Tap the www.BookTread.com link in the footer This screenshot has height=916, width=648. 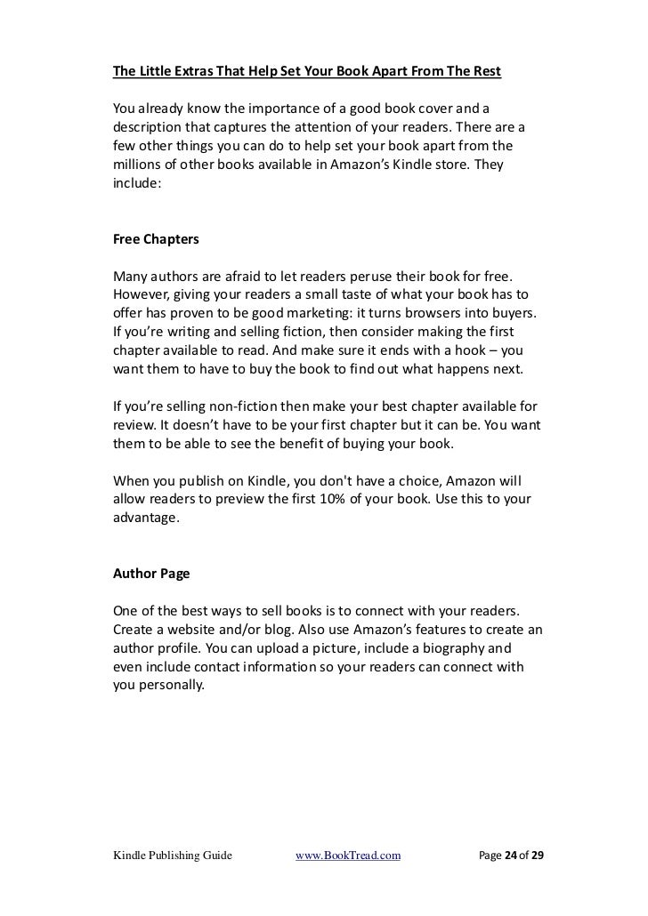click(348, 856)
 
